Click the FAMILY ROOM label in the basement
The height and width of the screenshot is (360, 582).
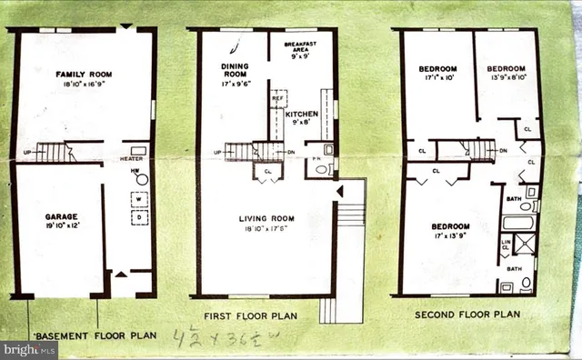coord(83,75)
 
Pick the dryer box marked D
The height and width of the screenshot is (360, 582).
coord(138,218)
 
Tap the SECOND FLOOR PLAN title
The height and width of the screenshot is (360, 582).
coord(467,315)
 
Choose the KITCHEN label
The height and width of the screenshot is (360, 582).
coord(302,115)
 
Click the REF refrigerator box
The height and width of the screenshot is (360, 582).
coord(278,99)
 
